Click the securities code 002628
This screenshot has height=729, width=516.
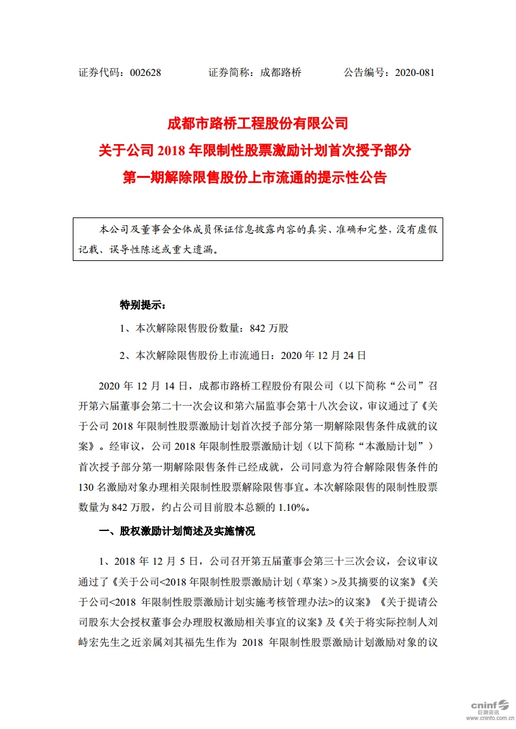click(145, 73)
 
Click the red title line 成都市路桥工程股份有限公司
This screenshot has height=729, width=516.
click(258, 123)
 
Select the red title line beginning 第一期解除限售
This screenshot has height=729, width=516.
click(258, 177)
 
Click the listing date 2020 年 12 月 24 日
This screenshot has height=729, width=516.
click(323, 356)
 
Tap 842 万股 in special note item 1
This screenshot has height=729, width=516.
click(268, 329)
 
